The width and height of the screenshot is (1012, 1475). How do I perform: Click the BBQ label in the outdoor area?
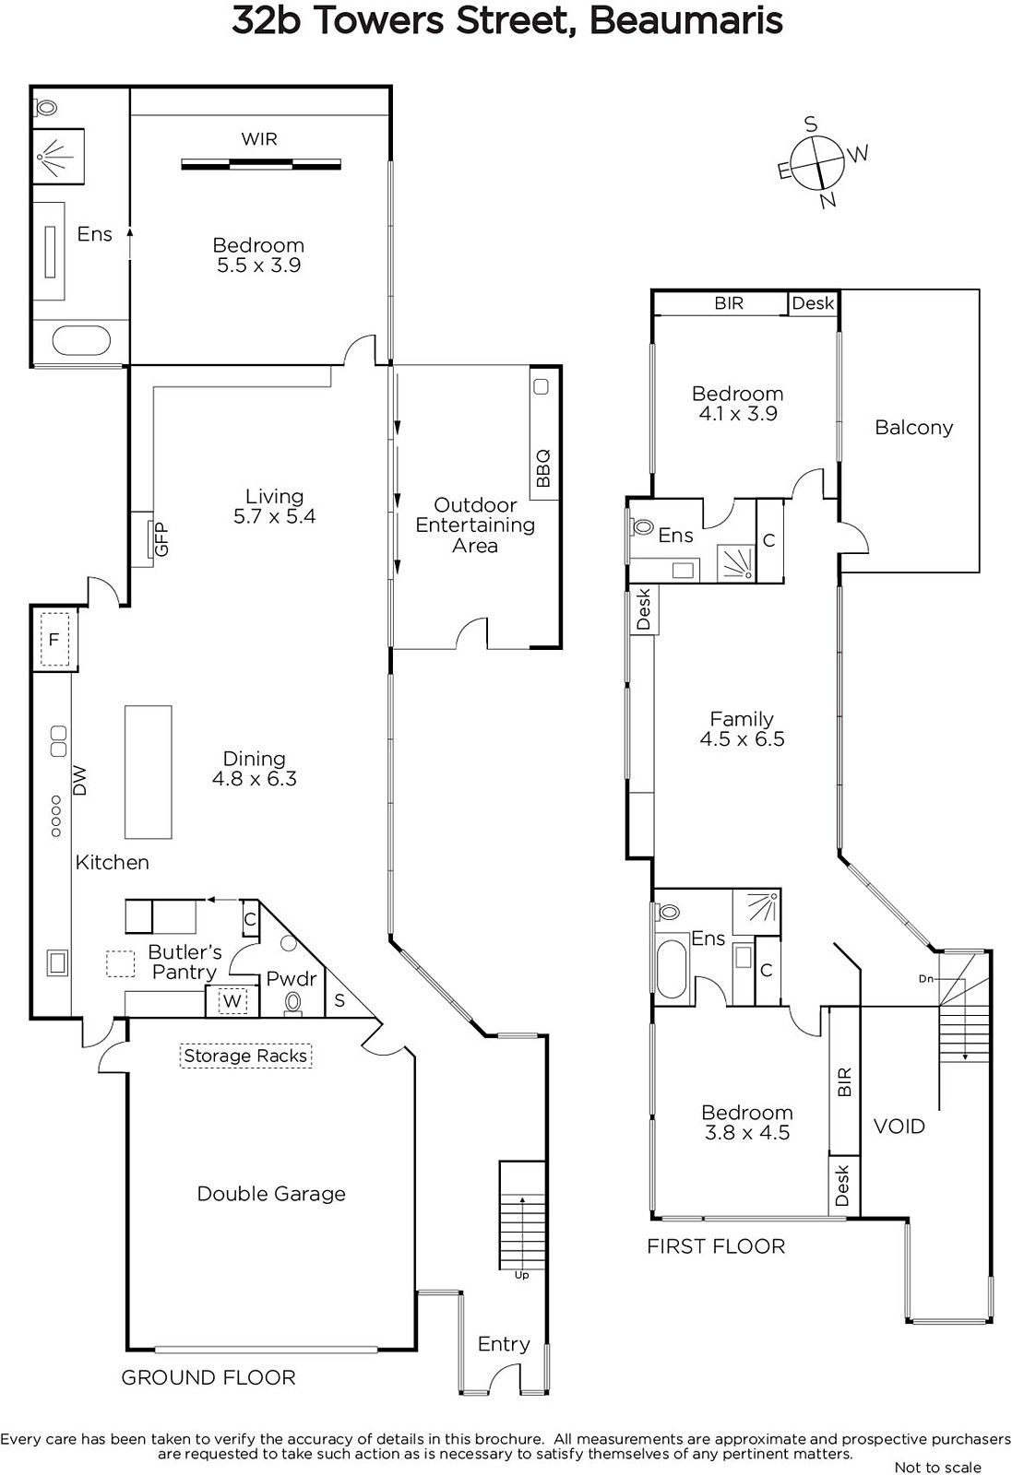tap(542, 468)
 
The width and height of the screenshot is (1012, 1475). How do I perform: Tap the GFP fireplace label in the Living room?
tap(162, 538)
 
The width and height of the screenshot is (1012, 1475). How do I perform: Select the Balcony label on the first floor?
tap(914, 428)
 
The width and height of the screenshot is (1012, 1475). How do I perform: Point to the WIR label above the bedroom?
tap(259, 139)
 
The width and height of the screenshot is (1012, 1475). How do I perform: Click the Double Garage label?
tap(271, 1194)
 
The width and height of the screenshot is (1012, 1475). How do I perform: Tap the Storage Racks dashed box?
tap(245, 1056)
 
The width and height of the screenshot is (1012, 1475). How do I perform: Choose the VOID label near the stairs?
tap(899, 1127)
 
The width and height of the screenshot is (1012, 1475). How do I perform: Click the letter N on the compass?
tap(827, 199)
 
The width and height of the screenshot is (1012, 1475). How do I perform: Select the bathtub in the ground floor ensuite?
tap(81, 340)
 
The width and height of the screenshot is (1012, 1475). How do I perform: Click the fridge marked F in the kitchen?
tap(54, 639)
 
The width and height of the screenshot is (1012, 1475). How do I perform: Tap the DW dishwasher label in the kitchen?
tap(79, 780)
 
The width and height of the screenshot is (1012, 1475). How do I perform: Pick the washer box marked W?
tap(232, 1001)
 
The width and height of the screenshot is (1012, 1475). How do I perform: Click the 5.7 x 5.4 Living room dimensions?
tap(274, 516)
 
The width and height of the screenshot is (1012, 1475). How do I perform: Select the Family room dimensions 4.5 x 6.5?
tap(742, 738)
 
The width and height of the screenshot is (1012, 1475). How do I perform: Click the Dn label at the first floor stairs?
tap(925, 979)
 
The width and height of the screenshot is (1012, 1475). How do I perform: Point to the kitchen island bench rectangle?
tap(149, 772)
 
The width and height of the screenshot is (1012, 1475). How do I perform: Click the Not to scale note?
tap(937, 1467)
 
